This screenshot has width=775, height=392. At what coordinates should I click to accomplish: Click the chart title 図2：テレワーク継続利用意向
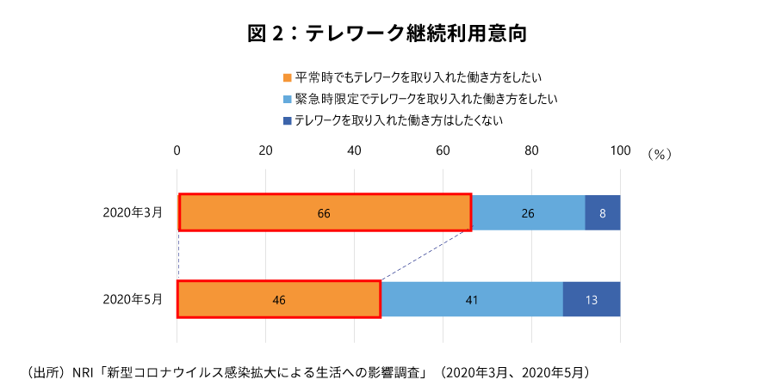[387, 34]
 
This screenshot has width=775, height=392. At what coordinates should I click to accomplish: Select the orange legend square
[288, 77]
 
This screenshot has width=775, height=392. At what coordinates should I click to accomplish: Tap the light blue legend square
[288, 99]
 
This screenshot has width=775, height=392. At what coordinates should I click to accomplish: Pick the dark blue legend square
[288, 121]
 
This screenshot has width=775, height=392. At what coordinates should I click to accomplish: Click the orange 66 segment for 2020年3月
[325, 212]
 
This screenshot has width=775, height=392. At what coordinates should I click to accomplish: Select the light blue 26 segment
[528, 212]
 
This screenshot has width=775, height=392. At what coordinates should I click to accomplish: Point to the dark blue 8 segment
[602, 212]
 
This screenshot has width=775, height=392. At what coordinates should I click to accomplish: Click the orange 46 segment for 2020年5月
[279, 299]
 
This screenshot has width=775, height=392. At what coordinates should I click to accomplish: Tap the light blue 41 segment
[472, 299]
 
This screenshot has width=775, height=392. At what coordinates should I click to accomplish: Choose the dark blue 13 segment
[592, 299]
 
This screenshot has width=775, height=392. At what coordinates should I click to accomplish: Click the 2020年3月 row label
[132, 212]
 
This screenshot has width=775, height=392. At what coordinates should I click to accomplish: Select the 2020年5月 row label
[132, 299]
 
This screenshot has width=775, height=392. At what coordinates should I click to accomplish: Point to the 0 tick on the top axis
[177, 150]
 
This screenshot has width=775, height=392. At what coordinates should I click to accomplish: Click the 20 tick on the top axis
[266, 150]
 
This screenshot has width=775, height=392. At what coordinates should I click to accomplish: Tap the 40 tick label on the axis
[355, 150]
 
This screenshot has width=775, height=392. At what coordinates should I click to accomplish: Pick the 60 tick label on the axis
[443, 150]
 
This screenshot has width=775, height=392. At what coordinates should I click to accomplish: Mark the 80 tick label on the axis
[531, 150]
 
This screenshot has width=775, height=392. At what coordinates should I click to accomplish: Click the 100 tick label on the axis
[619, 150]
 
